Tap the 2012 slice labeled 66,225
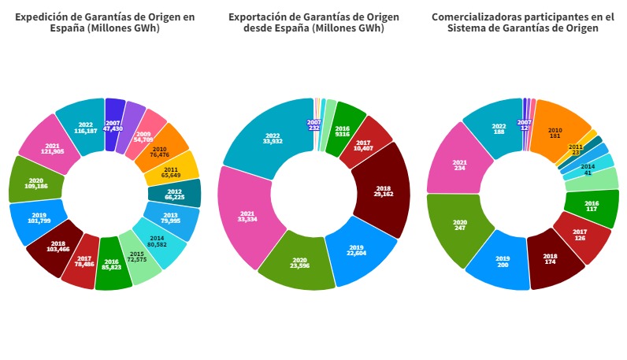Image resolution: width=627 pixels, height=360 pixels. [174, 193]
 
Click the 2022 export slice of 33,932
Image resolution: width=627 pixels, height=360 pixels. [272, 137]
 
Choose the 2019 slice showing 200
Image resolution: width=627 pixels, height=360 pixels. [502, 260]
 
